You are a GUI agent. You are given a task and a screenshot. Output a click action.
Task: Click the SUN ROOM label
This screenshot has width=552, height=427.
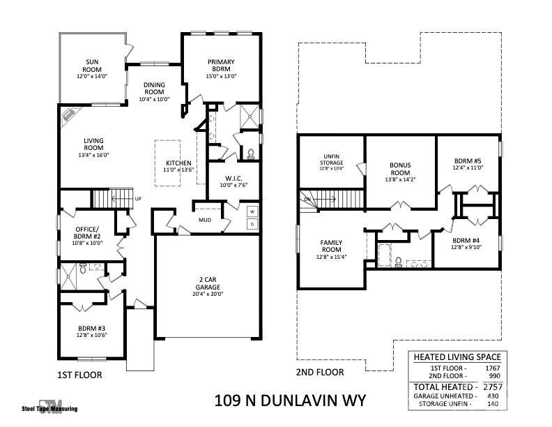pyautogui.click(x=93, y=66)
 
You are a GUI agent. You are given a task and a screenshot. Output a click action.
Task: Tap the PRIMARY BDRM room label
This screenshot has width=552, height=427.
pyautogui.click(x=222, y=66)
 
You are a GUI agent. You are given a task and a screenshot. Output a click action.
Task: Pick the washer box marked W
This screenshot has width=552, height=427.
pyautogui.click(x=252, y=211)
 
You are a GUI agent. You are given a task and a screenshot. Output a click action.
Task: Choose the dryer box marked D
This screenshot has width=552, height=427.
pyautogui.click(x=252, y=224)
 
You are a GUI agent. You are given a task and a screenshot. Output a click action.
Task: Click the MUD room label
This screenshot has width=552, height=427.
pyautogui.click(x=204, y=220)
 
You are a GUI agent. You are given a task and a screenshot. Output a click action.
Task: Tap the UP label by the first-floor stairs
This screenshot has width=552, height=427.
pyautogui.click(x=138, y=200)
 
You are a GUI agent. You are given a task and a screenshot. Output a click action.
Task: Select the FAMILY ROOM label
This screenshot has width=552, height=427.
pyautogui.click(x=331, y=245)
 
